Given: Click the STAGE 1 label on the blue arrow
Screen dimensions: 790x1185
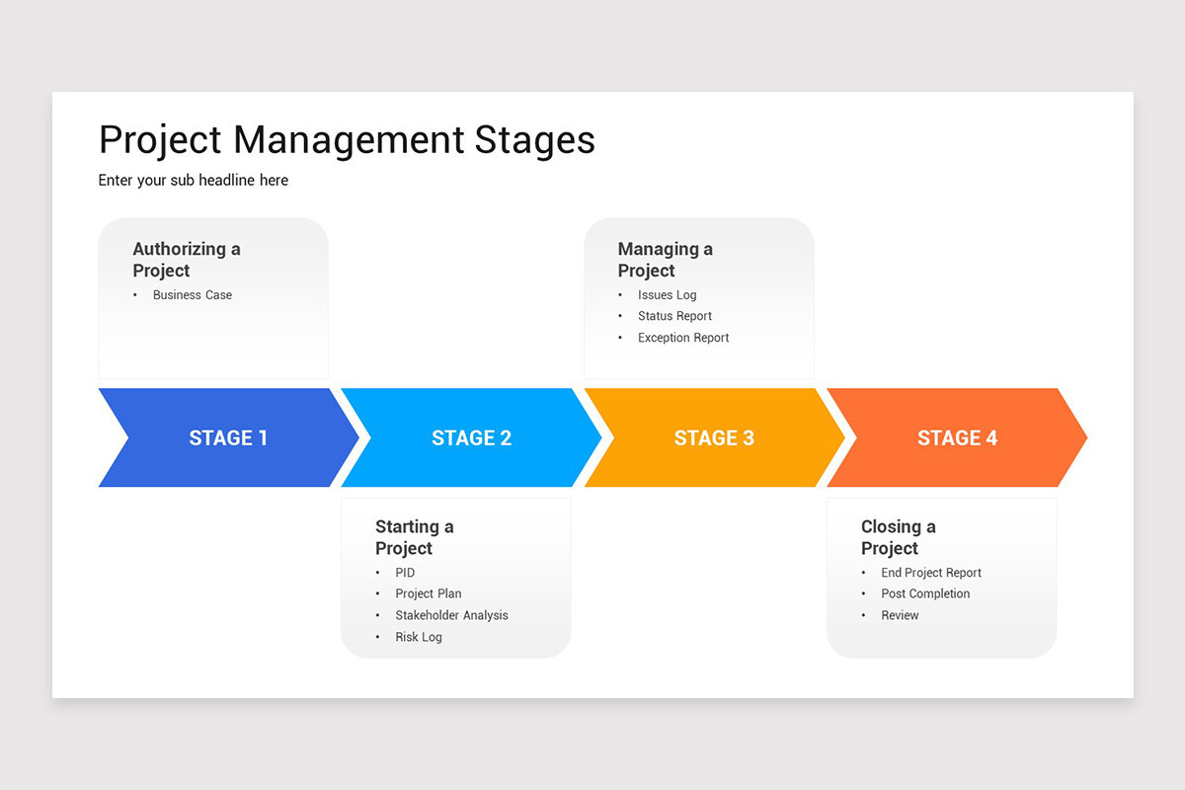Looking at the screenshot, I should (x=228, y=437).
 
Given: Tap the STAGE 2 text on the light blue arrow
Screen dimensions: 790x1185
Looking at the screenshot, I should (x=471, y=437).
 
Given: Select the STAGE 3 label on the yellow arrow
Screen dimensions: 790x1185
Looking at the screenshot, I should (x=714, y=437).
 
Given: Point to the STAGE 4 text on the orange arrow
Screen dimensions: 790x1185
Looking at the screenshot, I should (x=957, y=437).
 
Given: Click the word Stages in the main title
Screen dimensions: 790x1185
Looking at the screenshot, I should (x=534, y=140).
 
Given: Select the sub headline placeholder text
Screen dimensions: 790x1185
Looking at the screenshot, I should (x=194, y=180).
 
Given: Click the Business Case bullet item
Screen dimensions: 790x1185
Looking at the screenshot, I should (x=193, y=295).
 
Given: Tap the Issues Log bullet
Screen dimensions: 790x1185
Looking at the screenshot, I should (x=667, y=295).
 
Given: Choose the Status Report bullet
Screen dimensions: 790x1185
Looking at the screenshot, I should (x=674, y=316).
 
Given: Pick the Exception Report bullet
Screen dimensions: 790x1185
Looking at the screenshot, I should (x=683, y=338).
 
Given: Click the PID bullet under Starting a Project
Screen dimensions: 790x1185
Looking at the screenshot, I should (x=405, y=573).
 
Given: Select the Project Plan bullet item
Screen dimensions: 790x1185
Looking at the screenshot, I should (x=429, y=593).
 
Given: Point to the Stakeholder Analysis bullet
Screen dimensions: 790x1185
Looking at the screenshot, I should (x=451, y=615).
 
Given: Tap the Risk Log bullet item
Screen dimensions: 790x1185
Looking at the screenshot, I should (x=419, y=637).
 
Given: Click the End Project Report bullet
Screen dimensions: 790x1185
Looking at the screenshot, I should (x=931, y=573).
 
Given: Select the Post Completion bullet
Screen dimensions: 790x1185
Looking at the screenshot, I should (x=925, y=593).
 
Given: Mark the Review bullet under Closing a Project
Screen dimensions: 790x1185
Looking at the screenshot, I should (x=900, y=615).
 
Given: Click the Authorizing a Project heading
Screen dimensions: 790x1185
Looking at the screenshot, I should (x=186, y=260).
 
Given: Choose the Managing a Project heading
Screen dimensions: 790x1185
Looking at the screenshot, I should (x=665, y=260).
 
